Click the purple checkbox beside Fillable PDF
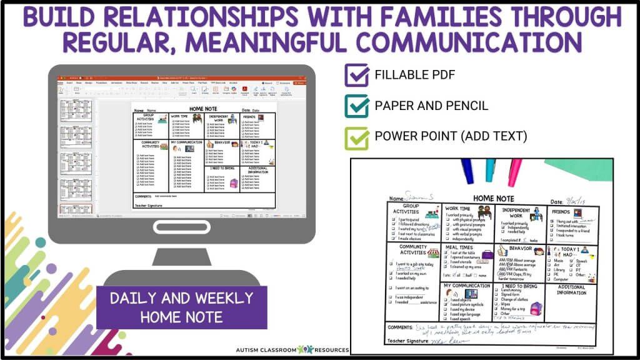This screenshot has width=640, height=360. (x=356, y=76)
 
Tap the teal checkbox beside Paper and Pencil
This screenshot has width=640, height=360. (x=356, y=106)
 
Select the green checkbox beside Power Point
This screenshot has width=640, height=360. (x=356, y=136)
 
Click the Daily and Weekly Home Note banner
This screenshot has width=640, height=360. (x=181, y=307)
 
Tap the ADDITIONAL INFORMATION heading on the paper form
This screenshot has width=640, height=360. (x=572, y=289)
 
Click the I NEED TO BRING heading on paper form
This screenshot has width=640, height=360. (x=518, y=286)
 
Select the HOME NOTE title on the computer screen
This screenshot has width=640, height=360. (x=203, y=107)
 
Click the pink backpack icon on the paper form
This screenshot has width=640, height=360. (x=535, y=307)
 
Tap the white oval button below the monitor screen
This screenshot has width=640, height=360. (x=181, y=227)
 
